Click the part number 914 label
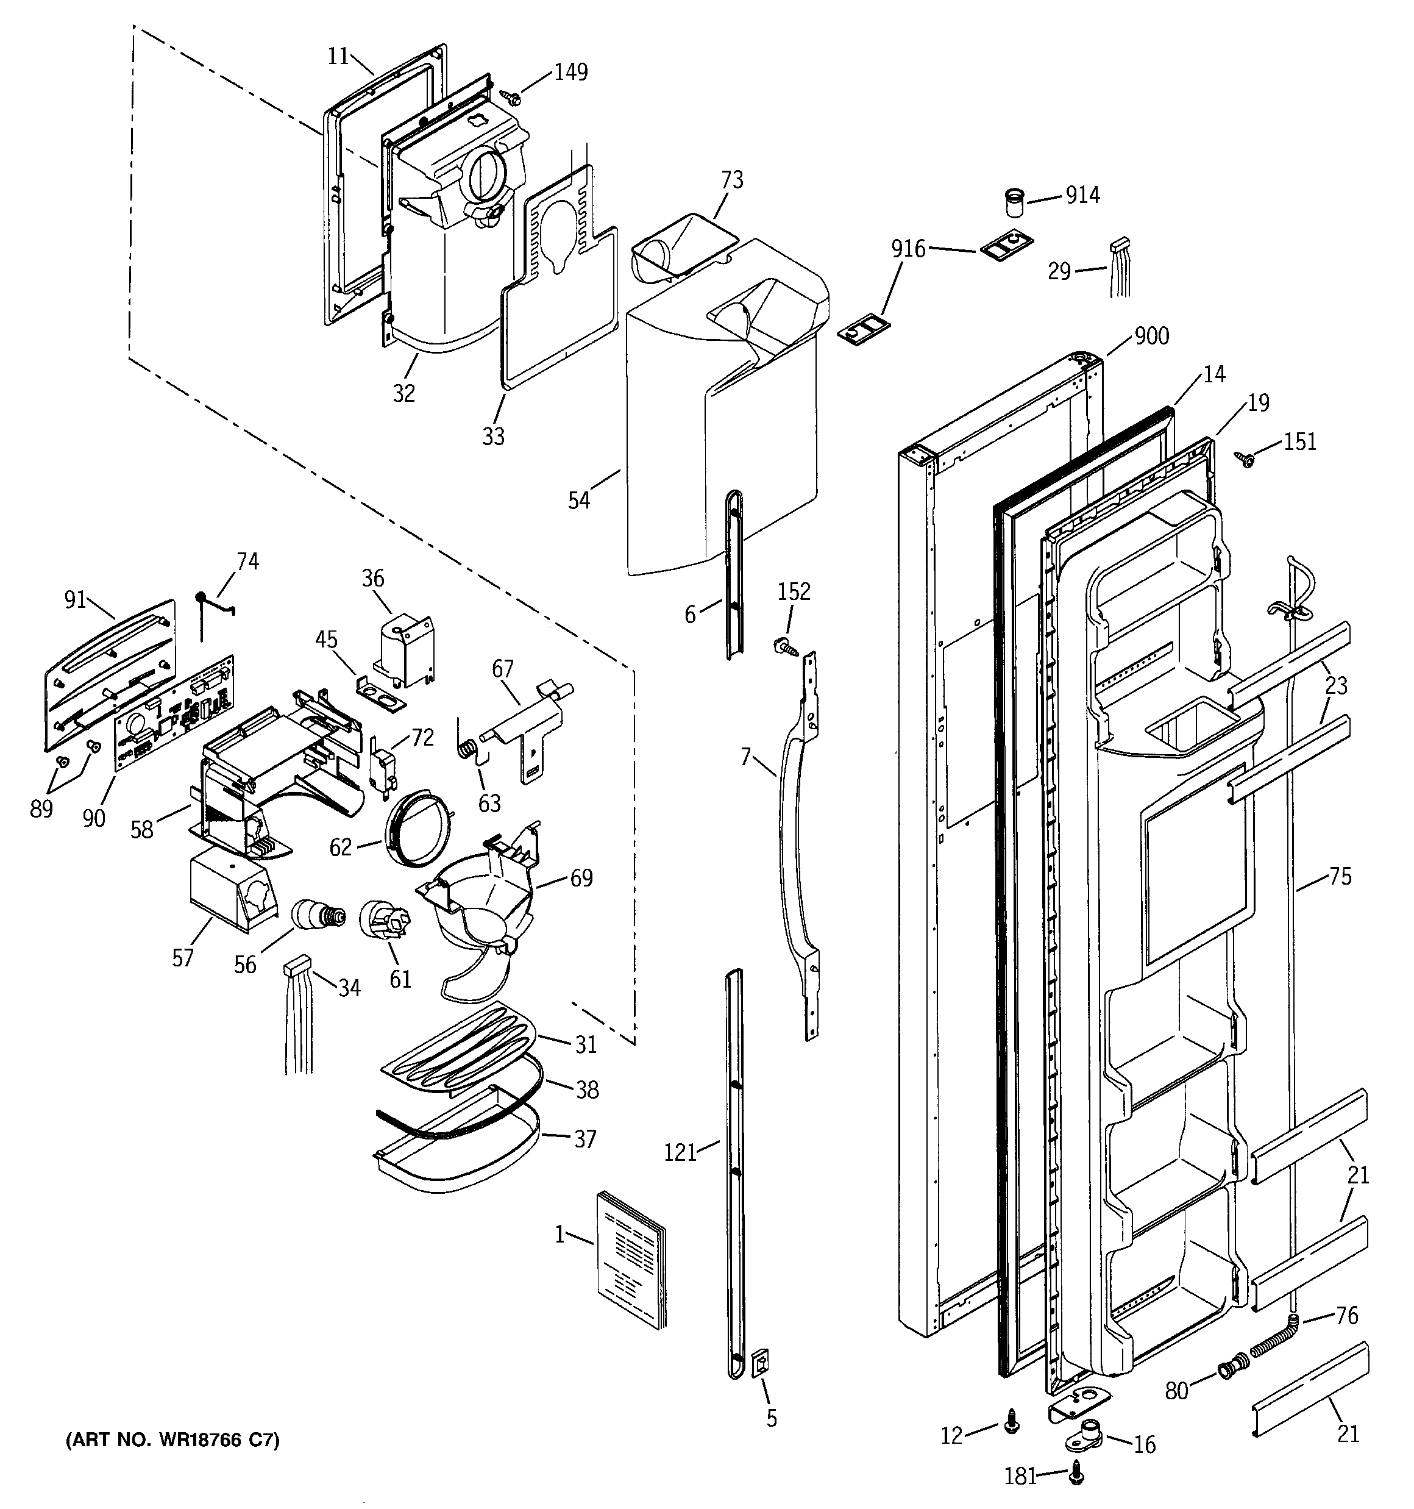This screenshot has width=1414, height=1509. coord(1082,195)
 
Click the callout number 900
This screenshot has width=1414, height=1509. coord(1151,335)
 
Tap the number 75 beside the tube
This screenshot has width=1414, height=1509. coord(1340,877)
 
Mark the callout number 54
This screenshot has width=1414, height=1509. coord(579,500)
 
